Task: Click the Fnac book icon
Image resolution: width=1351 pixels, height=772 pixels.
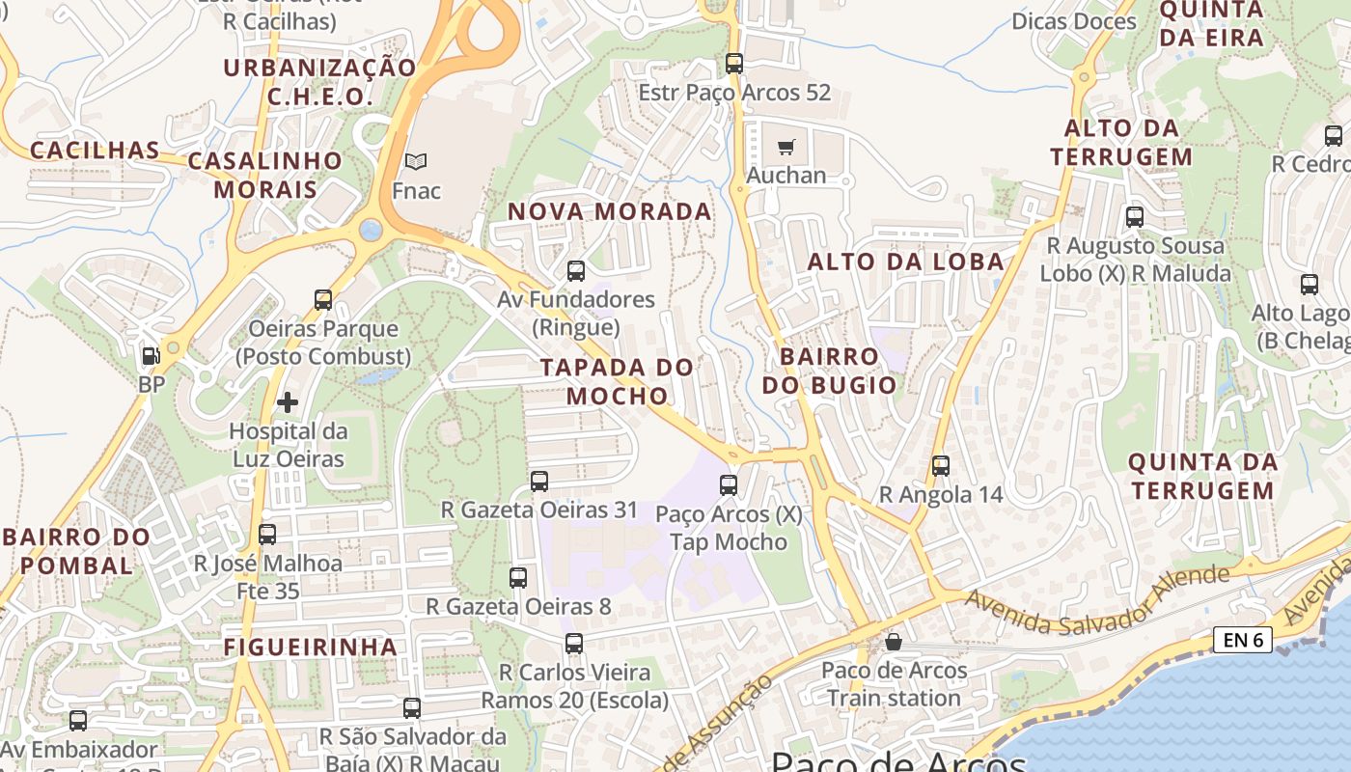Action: click(x=416, y=161)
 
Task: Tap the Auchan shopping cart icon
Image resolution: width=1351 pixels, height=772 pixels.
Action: click(x=786, y=148)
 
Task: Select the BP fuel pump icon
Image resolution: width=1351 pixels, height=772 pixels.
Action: click(x=151, y=356)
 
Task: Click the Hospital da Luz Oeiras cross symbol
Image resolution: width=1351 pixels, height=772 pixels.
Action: click(x=288, y=402)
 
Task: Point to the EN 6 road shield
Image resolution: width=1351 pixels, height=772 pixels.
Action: click(x=1243, y=639)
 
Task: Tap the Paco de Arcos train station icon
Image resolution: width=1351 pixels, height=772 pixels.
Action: click(x=895, y=642)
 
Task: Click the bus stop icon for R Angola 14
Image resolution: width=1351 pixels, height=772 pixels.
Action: click(x=941, y=466)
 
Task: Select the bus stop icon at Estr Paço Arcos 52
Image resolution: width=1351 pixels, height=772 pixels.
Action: click(x=734, y=64)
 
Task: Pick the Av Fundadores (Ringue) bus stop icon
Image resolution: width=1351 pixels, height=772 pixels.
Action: click(x=576, y=271)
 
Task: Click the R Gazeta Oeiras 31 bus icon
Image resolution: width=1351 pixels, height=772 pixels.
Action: click(x=539, y=481)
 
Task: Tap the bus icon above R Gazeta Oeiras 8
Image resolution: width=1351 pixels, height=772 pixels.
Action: click(x=518, y=578)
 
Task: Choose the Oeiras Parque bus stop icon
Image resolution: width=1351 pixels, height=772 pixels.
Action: click(x=323, y=300)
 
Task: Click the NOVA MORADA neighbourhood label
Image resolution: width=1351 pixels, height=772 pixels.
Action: click(x=610, y=211)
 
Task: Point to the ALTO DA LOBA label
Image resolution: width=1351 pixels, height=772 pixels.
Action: click(x=905, y=262)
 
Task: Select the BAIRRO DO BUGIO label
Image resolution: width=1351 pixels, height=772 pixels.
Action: click(x=830, y=371)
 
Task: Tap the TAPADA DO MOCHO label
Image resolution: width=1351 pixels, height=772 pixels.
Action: click(x=618, y=381)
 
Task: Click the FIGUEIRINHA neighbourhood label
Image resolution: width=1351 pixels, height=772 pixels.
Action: click(x=311, y=647)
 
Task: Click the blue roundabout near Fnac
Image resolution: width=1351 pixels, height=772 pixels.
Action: click(x=371, y=230)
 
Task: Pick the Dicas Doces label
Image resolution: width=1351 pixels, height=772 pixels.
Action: click(x=1074, y=20)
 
